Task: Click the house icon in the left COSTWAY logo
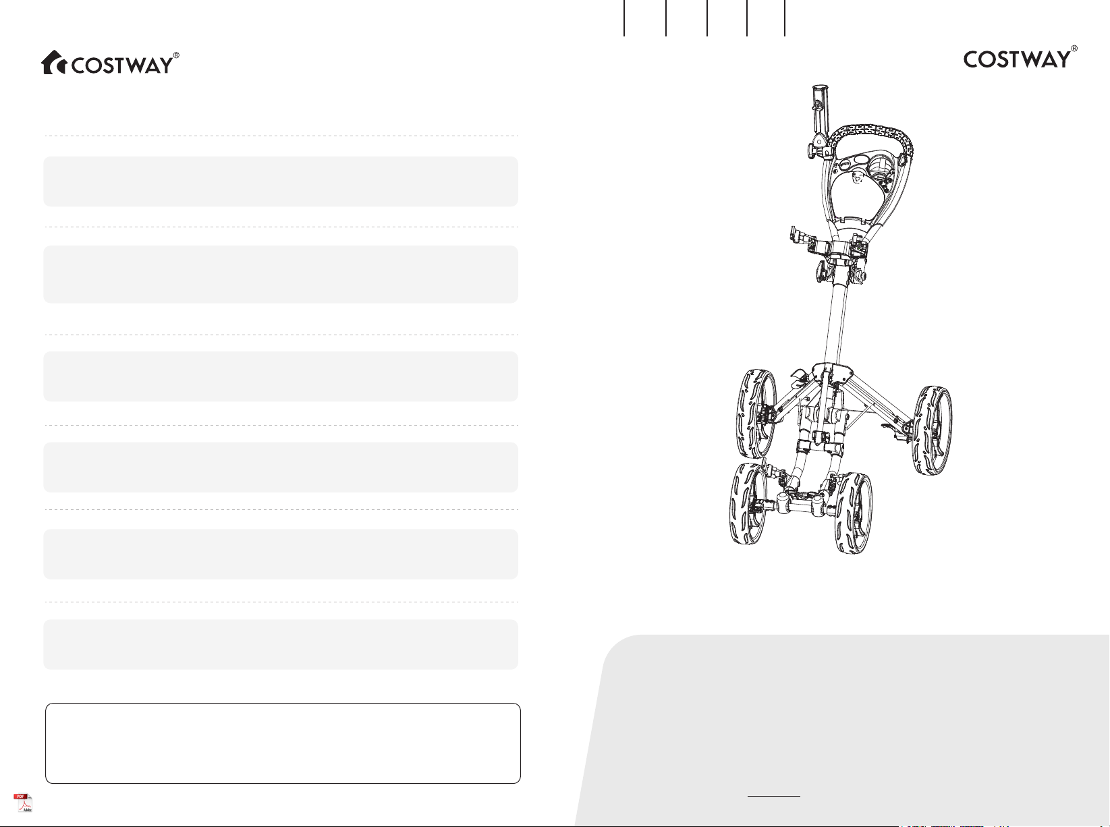click(53, 63)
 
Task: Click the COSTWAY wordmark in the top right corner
click(1016, 59)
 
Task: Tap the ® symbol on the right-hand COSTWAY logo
click(1074, 49)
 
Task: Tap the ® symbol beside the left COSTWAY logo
click(176, 55)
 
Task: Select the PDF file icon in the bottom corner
click(23, 803)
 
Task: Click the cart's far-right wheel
click(932, 430)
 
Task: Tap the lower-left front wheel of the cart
click(748, 503)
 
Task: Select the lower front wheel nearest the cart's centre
click(853, 513)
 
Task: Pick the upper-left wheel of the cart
click(756, 413)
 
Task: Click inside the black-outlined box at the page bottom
click(283, 743)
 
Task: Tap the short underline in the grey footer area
click(774, 797)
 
